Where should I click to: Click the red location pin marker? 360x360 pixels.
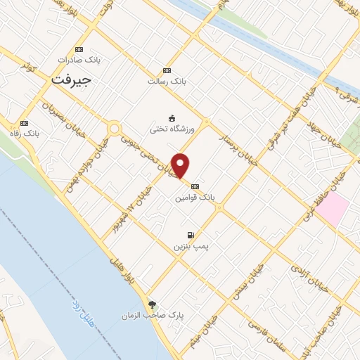click(181, 165)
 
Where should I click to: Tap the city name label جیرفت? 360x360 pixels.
click(71, 79)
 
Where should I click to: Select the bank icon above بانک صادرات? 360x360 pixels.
click(79, 49)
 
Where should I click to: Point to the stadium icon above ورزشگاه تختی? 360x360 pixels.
click(172, 117)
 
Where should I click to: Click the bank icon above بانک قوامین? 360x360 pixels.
click(195, 186)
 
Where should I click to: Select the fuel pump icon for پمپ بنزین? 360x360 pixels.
click(190, 235)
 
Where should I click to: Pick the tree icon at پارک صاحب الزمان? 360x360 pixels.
click(153, 304)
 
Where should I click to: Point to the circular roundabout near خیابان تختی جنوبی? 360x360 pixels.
click(113, 129)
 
